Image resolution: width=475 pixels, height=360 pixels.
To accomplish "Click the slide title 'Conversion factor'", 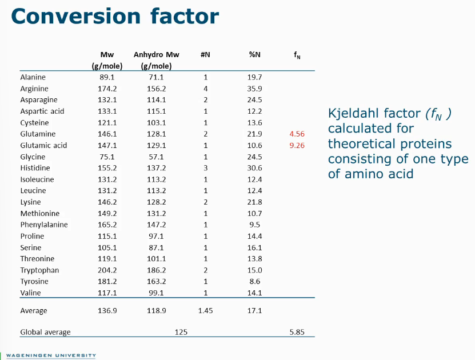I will pos(114,16).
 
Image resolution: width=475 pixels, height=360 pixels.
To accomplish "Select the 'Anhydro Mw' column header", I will pos(156,55).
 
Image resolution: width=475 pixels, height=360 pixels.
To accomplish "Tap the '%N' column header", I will pos(254,55).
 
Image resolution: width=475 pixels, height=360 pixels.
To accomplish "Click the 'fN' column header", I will pos(297,55).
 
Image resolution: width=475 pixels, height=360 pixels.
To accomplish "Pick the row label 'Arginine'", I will pos(34,89).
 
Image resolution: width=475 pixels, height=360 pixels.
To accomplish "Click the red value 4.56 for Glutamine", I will pos(297,134).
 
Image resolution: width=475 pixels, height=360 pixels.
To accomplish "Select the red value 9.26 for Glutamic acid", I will pos(297,145).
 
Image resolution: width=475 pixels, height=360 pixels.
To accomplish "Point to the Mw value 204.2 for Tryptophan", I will pos(107,270).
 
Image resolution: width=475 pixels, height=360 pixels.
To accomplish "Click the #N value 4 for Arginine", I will pos(205,89).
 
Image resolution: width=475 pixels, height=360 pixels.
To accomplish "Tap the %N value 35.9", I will pos(255,89).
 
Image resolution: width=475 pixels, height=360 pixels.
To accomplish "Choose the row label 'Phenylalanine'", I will pos(44,225).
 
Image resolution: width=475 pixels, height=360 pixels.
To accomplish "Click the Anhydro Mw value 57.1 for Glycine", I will pos(156,157).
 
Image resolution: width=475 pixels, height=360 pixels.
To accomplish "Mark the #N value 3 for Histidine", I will pos(205,168).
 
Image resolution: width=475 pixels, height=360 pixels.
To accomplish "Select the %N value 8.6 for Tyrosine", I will pos(255,282).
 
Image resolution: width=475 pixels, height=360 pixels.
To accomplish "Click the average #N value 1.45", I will pos(205,311).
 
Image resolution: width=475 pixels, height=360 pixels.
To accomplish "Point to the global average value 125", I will pos(181,332).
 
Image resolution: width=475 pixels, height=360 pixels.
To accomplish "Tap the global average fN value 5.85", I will pos(297,332).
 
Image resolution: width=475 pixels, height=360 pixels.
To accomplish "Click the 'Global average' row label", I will pos(45,332).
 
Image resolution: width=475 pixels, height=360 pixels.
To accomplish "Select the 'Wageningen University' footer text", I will pos(51,355).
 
